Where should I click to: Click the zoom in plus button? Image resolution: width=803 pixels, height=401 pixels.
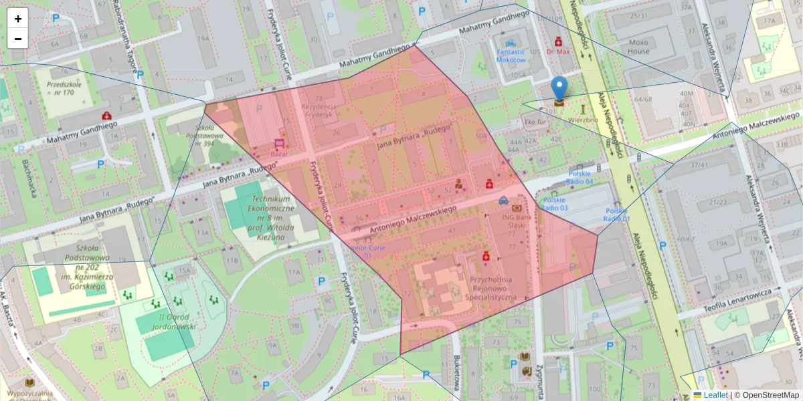coord(18,19)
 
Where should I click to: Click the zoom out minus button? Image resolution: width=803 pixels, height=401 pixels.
coord(18,39)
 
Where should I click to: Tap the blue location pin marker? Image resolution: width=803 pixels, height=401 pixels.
coord(559,90)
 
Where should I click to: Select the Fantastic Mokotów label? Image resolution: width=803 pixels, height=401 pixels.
coord(511,55)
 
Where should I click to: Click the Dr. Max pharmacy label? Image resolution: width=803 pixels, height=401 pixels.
coord(557,51)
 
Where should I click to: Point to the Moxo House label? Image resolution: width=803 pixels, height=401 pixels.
coord(638,47)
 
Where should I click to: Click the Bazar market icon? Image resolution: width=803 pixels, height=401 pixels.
coord(278,143)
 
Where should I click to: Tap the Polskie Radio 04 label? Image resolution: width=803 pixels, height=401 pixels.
coord(580,177)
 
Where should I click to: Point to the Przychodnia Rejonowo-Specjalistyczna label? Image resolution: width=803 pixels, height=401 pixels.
coord(491,288)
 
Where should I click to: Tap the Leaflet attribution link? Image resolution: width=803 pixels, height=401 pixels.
coord(715,395)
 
